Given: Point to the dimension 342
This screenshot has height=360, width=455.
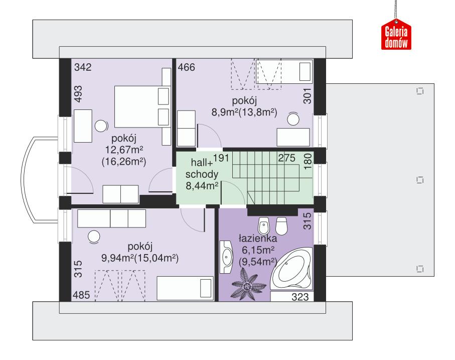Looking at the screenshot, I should (83, 67).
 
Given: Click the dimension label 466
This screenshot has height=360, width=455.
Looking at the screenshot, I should (186, 67).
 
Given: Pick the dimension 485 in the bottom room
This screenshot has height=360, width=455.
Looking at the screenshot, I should (82, 295).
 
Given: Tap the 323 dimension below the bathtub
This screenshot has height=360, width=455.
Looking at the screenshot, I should (300, 297).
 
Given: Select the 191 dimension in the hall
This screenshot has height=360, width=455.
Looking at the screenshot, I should (220, 158).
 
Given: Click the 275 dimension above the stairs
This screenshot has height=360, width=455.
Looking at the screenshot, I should (286, 158).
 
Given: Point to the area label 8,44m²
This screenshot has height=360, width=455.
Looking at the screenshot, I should (202, 186).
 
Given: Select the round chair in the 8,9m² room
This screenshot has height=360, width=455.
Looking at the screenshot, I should (293, 119).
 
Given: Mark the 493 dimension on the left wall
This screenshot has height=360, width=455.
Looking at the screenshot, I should (78, 94).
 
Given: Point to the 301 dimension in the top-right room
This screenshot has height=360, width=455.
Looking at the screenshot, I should (308, 96).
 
